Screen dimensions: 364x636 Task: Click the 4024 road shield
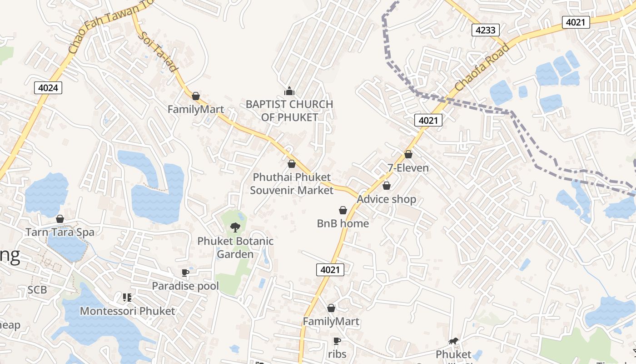pos(48,87)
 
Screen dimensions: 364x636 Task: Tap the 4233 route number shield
pos(486,30)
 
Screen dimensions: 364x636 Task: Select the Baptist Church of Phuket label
pos(289,111)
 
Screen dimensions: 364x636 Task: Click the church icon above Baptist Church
pos(289,91)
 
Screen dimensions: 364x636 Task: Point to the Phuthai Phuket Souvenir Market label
pos(292,183)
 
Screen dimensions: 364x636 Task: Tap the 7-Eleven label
pos(408,168)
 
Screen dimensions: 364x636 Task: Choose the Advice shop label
pos(387,199)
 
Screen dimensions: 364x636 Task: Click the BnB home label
pos(343,223)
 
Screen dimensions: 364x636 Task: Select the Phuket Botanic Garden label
pos(235,247)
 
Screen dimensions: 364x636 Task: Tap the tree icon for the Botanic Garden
pos(235,227)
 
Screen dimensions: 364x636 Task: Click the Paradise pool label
pos(185,286)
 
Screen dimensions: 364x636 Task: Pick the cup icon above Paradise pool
pos(185,273)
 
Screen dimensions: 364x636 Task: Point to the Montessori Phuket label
pos(127,311)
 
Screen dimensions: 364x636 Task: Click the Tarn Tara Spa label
pos(60,232)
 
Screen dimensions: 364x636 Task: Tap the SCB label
pos(37,290)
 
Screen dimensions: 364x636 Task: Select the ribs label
pos(337,354)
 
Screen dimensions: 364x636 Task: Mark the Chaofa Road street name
pos(482,67)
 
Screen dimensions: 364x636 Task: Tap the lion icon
pos(453,341)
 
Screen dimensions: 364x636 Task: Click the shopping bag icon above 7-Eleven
pos(408,154)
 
